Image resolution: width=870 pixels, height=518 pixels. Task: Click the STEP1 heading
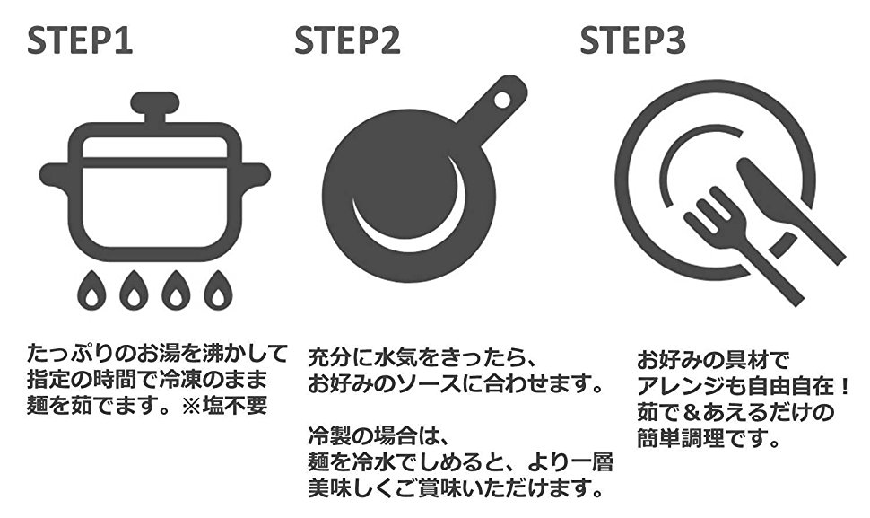80,40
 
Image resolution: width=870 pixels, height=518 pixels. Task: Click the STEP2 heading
347,40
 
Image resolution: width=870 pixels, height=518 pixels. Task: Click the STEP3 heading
633,40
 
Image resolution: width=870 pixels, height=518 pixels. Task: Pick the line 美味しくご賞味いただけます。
454,489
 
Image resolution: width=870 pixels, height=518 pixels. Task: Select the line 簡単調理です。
707,440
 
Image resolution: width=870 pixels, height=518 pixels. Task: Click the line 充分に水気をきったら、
422,357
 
